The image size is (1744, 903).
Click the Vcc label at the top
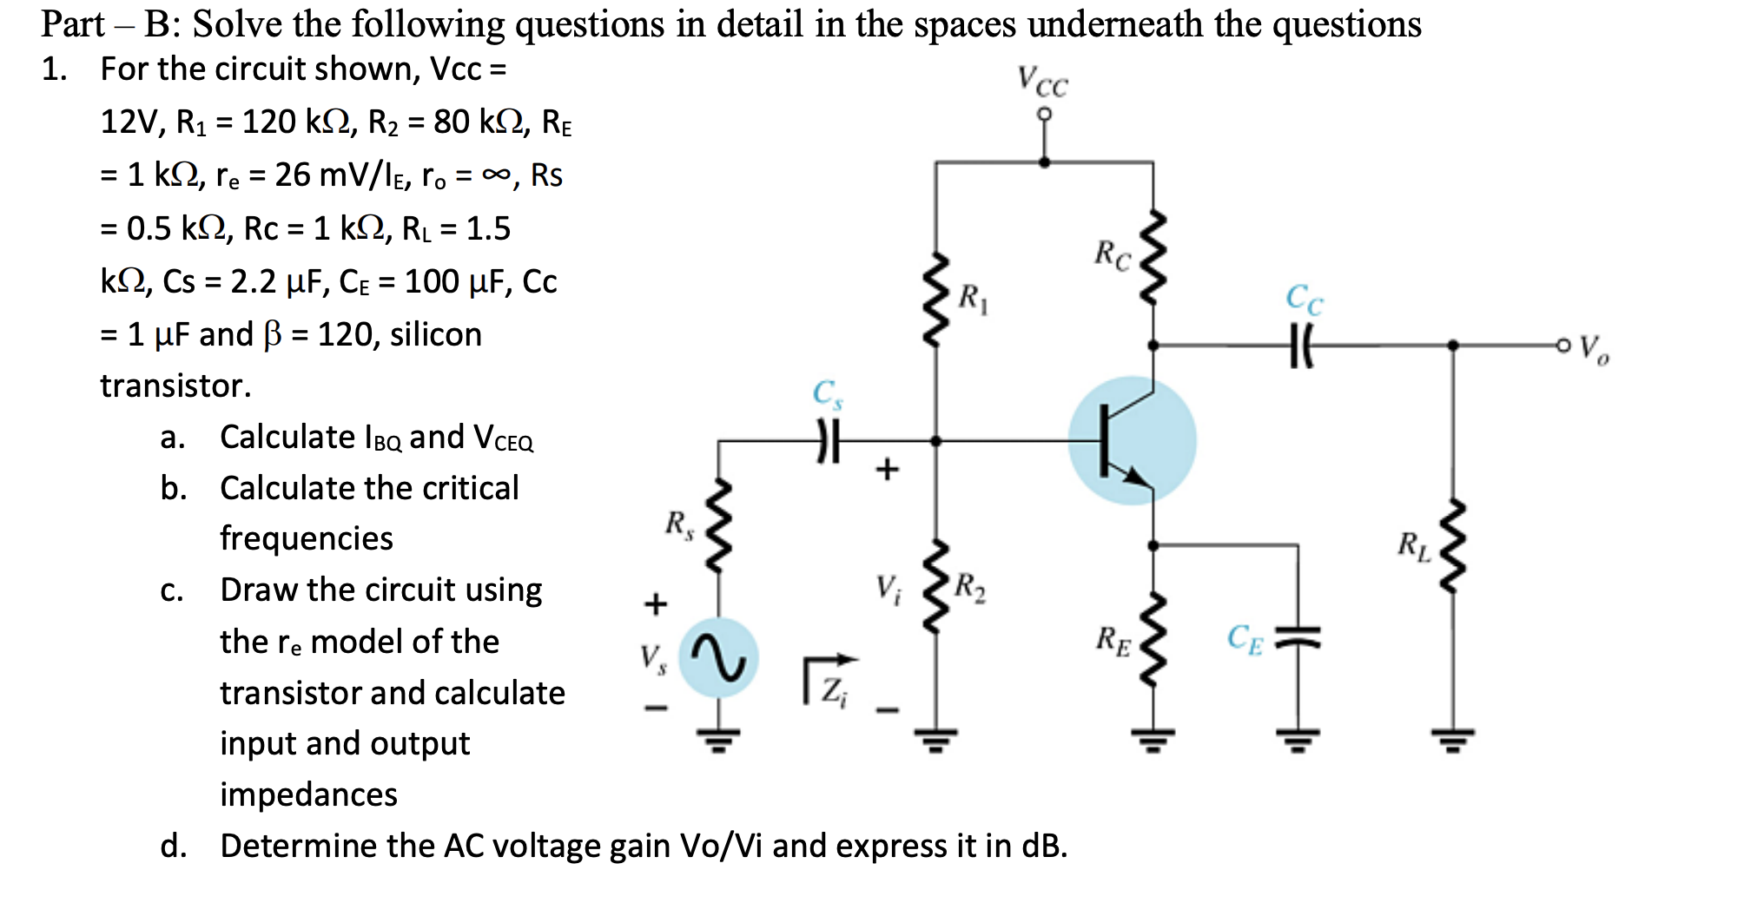pyautogui.click(x=1042, y=82)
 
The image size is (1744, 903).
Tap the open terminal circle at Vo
pyautogui.click(x=1563, y=346)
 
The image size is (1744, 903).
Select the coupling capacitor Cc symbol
pyautogui.click(x=1300, y=346)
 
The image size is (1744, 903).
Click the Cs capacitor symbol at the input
pyautogui.click(x=828, y=441)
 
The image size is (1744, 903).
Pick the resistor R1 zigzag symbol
pyautogui.click(x=935, y=300)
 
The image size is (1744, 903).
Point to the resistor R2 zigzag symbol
pyautogui.click(x=935, y=586)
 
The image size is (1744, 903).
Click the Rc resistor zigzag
pyautogui.click(x=1153, y=256)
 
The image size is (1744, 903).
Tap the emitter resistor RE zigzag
pyautogui.click(x=1153, y=640)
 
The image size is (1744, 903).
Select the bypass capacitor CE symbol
pyautogui.click(x=1298, y=639)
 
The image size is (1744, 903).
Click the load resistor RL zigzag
pyautogui.click(x=1452, y=547)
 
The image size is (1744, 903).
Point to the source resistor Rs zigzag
pyautogui.click(x=718, y=525)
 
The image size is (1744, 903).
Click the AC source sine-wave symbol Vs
pyautogui.click(x=718, y=657)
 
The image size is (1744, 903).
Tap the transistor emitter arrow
pyautogui.click(x=1134, y=476)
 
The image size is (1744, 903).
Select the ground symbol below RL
pyautogui.click(x=1452, y=740)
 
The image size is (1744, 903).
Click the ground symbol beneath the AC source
pyautogui.click(x=718, y=740)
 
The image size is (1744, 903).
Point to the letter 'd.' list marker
pyautogui.click(x=173, y=846)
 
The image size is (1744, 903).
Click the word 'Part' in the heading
pyautogui.click(x=73, y=24)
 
